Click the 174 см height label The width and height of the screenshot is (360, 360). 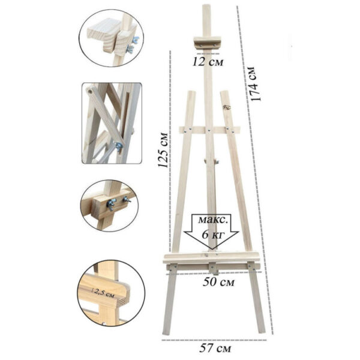pyautogui.click(x=255, y=84)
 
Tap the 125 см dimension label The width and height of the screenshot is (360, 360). pyautogui.click(x=163, y=150)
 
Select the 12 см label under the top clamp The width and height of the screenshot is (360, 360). pyautogui.click(x=208, y=62)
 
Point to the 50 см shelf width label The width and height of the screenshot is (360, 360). pyautogui.click(x=218, y=282)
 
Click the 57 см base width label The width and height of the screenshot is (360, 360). pyautogui.click(x=215, y=348)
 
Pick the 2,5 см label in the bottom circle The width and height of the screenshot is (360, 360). pyautogui.click(x=104, y=293)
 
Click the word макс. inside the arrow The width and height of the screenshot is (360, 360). pyautogui.click(x=213, y=220)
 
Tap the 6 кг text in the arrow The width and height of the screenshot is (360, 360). pyautogui.click(x=212, y=234)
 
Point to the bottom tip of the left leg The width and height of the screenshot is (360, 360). pyautogui.click(x=166, y=333)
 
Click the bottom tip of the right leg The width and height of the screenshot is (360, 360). pyautogui.click(x=262, y=331)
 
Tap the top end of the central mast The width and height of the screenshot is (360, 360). pyautogui.click(x=206, y=5)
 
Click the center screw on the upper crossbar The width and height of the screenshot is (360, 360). pyautogui.click(x=209, y=130)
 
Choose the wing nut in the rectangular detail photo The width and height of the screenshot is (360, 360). pyautogui.click(x=119, y=146)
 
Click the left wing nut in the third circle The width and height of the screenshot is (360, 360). pyautogui.click(x=111, y=203)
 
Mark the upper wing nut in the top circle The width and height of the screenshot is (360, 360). pyautogui.click(x=136, y=40)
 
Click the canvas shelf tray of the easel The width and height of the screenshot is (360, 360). pyautogui.click(x=211, y=257)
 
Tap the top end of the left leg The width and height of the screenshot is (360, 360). pyautogui.click(x=192, y=92)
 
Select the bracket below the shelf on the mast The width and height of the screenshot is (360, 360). pyautogui.click(x=214, y=269)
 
